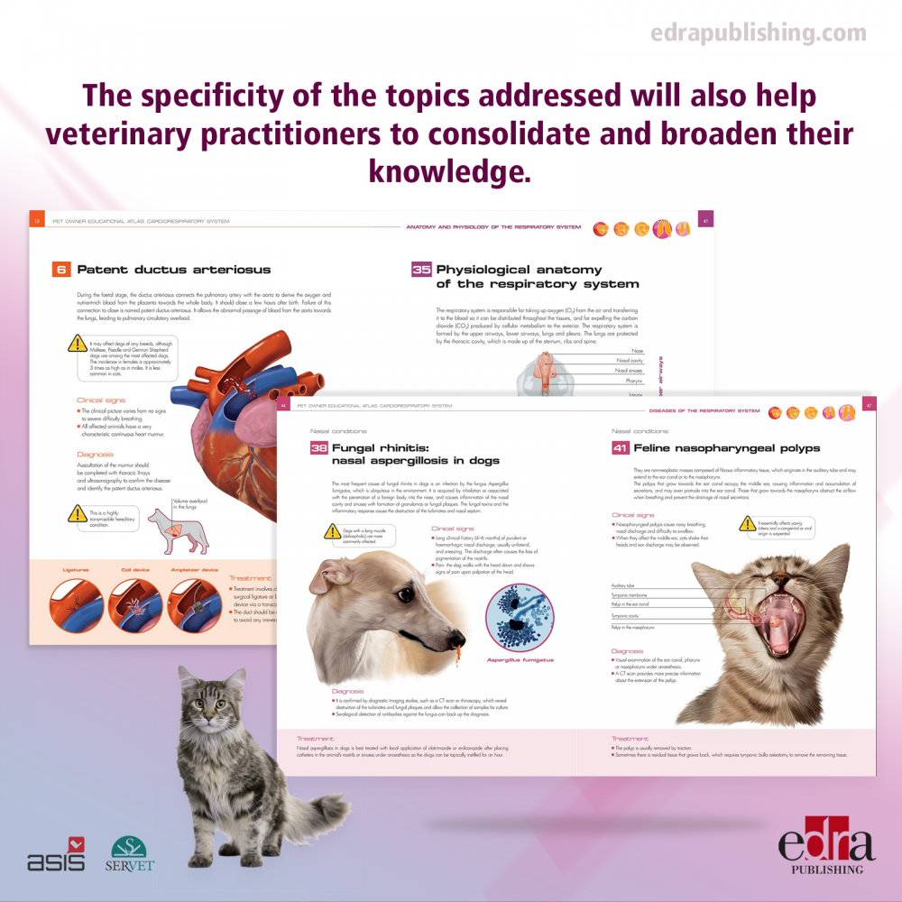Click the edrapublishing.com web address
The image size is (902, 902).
(x=758, y=34)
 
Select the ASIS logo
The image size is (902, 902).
(x=56, y=855)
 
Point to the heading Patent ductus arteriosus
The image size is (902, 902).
(x=173, y=269)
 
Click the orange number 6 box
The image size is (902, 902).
(x=61, y=269)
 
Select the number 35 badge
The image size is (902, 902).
(x=421, y=270)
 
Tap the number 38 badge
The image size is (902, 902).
(x=318, y=448)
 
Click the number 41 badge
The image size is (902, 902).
(x=621, y=448)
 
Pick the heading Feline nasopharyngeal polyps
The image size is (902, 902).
(x=726, y=448)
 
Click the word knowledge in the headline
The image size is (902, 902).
(x=450, y=169)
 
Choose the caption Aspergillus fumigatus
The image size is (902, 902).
(x=520, y=659)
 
